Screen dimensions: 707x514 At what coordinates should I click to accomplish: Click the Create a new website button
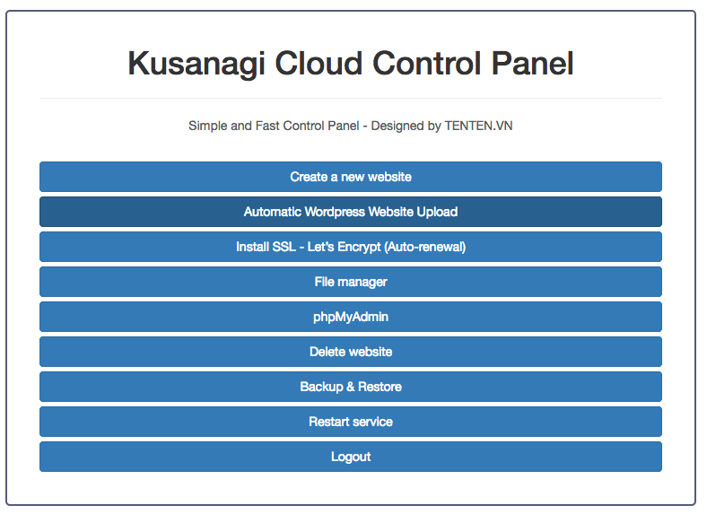[351, 177]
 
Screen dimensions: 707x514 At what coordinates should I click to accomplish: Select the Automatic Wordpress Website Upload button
[351, 212]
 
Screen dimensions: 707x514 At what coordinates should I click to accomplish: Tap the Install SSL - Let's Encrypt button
[351, 247]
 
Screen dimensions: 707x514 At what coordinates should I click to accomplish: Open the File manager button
[351, 282]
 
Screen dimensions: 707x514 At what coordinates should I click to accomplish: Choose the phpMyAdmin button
[351, 317]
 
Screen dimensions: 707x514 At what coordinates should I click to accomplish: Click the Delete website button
[351, 352]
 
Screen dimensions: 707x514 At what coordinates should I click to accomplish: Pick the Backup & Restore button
[351, 387]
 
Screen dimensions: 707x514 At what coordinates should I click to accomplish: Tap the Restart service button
[351, 422]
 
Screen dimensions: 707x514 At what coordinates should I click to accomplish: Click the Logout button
[351, 457]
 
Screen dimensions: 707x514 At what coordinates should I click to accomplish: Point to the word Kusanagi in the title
[196, 64]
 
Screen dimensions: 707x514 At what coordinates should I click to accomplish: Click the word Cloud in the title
[319, 63]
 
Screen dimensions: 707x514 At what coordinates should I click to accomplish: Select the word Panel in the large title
[532, 63]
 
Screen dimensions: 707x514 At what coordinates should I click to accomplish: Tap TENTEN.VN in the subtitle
[478, 126]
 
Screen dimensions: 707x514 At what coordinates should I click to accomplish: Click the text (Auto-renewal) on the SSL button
[424, 247]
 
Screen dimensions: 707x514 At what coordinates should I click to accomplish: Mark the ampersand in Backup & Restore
[350, 387]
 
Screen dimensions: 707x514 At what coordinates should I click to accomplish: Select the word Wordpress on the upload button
[335, 212]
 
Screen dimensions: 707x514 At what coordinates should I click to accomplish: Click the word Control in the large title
[426, 63]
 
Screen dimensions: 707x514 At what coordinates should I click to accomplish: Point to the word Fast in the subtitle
[267, 126]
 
